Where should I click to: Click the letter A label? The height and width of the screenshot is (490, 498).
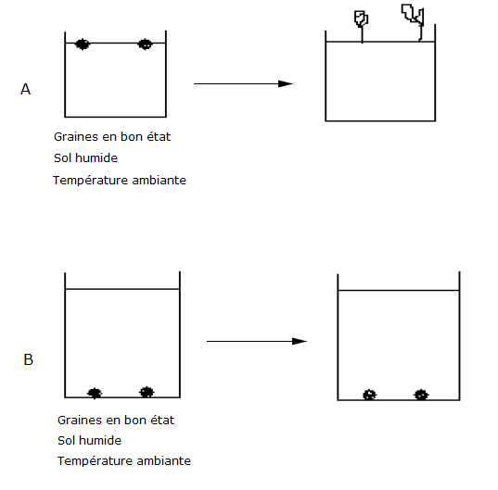[25, 89]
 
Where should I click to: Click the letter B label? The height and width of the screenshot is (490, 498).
[28, 359]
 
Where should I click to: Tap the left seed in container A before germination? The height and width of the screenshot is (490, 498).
[83, 44]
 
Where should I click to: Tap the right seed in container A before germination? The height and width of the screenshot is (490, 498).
[146, 44]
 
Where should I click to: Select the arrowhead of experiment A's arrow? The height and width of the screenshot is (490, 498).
[286, 83]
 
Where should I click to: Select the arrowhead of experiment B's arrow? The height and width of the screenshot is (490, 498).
[300, 341]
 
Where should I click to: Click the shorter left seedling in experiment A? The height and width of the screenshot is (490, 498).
[362, 27]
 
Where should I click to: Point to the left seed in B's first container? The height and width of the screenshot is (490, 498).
[95, 394]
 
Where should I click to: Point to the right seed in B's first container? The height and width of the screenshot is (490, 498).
[147, 393]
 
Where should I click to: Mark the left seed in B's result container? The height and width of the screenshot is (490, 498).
[369, 395]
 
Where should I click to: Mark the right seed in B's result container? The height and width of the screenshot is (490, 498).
[421, 395]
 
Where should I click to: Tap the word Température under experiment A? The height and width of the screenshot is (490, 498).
[90, 180]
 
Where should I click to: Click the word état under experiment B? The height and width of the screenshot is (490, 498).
[162, 421]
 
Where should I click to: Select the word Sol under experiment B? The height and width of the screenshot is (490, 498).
[66, 441]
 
